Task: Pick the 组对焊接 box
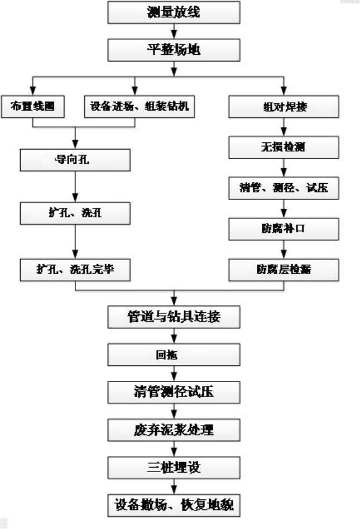tap(284, 107)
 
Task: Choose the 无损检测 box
tap(284, 148)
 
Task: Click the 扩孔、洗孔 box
tap(75, 214)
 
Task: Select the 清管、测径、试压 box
tap(284, 189)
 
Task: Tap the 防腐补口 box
tap(284, 229)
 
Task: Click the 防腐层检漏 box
tap(284, 269)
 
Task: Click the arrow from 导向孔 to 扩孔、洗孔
tap(75, 187)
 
